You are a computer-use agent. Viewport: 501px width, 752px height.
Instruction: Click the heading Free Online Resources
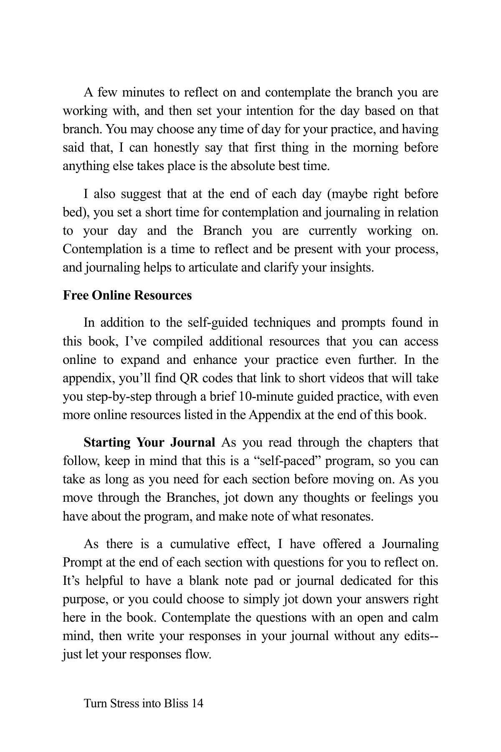click(127, 295)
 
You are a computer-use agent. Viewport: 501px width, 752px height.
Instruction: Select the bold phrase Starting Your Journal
click(149, 442)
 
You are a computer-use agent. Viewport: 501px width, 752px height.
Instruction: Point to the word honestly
click(175, 148)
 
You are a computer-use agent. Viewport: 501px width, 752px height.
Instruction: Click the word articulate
click(213, 267)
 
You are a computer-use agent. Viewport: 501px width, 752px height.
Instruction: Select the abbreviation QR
click(185, 378)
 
